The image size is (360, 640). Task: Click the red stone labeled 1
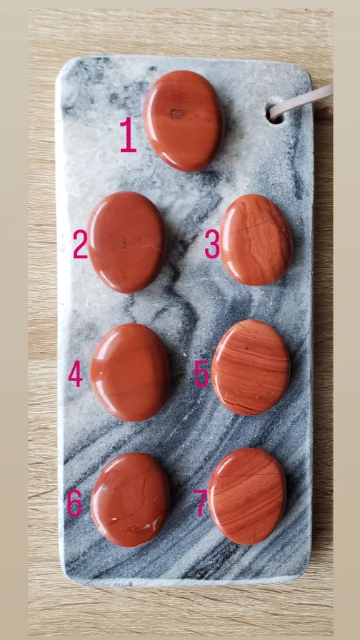[x=184, y=121]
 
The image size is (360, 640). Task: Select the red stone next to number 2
[x=127, y=242]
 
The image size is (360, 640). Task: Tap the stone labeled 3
[x=256, y=239]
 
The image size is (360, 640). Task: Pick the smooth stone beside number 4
[x=130, y=372]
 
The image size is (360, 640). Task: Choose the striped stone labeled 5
[x=251, y=367]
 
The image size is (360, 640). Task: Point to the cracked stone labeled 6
[x=130, y=499]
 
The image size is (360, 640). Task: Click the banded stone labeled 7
[x=246, y=496]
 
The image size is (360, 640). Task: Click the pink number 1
[x=128, y=135]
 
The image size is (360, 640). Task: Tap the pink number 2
[x=81, y=244]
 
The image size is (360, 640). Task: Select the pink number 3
[x=212, y=244]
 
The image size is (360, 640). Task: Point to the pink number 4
[x=76, y=374]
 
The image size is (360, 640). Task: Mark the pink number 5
[x=201, y=374]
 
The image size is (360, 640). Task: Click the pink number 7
[x=200, y=503]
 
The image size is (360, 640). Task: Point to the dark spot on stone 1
[x=176, y=114]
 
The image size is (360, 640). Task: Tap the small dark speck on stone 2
[x=124, y=244]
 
